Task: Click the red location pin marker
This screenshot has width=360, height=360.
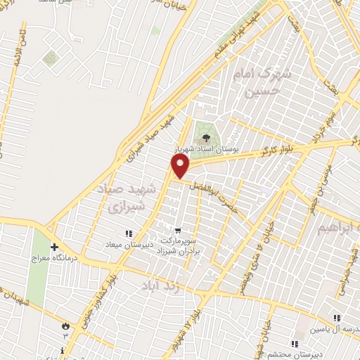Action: coord(181,166)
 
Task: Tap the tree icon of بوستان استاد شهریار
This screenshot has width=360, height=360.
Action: coord(206,138)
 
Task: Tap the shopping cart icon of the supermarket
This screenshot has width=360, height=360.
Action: coord(178,230)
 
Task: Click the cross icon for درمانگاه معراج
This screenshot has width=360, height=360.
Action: coord(54,247)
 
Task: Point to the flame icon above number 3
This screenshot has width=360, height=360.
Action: coord(65,326)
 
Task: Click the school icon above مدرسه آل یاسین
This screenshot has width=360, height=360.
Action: coord(337,318)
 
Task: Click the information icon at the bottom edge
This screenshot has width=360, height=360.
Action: coord(64,349)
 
